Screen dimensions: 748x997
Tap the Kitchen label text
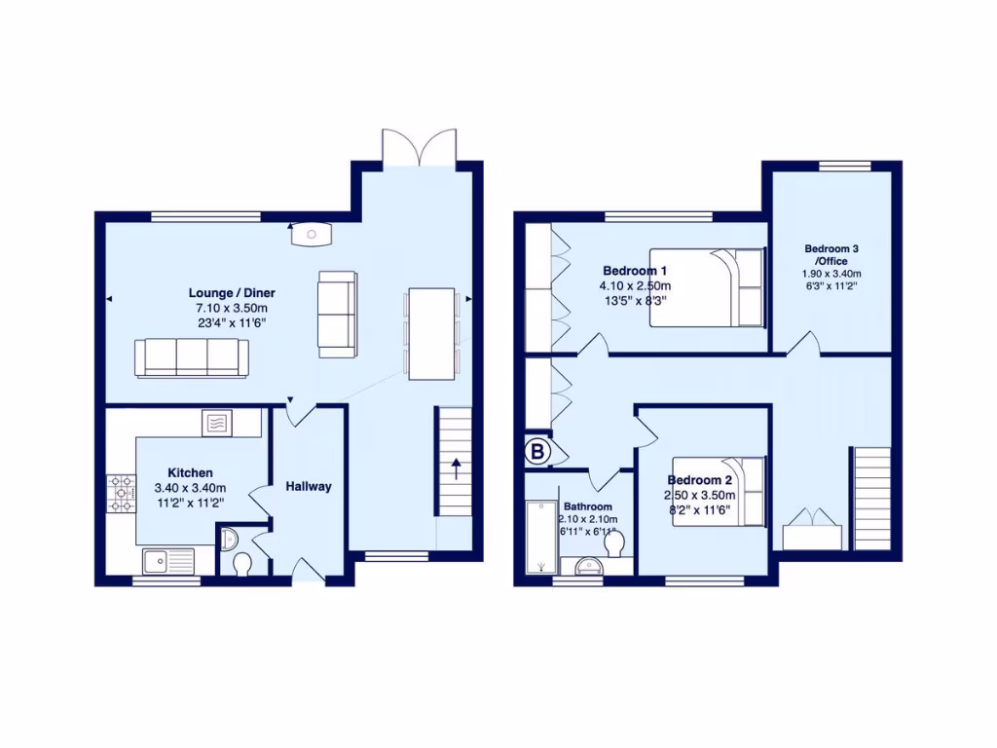point(190,472)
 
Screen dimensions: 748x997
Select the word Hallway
point(309,486)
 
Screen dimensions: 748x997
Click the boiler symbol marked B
point(536,451)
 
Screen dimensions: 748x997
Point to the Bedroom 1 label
point(635,270)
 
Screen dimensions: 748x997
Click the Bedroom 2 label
point(699,480)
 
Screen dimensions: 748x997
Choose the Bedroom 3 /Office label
point(831,254)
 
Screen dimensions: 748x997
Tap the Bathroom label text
point(588,506)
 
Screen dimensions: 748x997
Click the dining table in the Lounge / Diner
point(431,333)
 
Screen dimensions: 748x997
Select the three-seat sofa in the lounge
point(191,357)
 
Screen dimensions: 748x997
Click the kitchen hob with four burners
point(122,492)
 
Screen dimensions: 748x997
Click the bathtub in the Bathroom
point(538,537)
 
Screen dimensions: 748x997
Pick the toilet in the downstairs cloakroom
point(241,563)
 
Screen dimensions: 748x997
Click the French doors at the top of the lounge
point(419,147)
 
